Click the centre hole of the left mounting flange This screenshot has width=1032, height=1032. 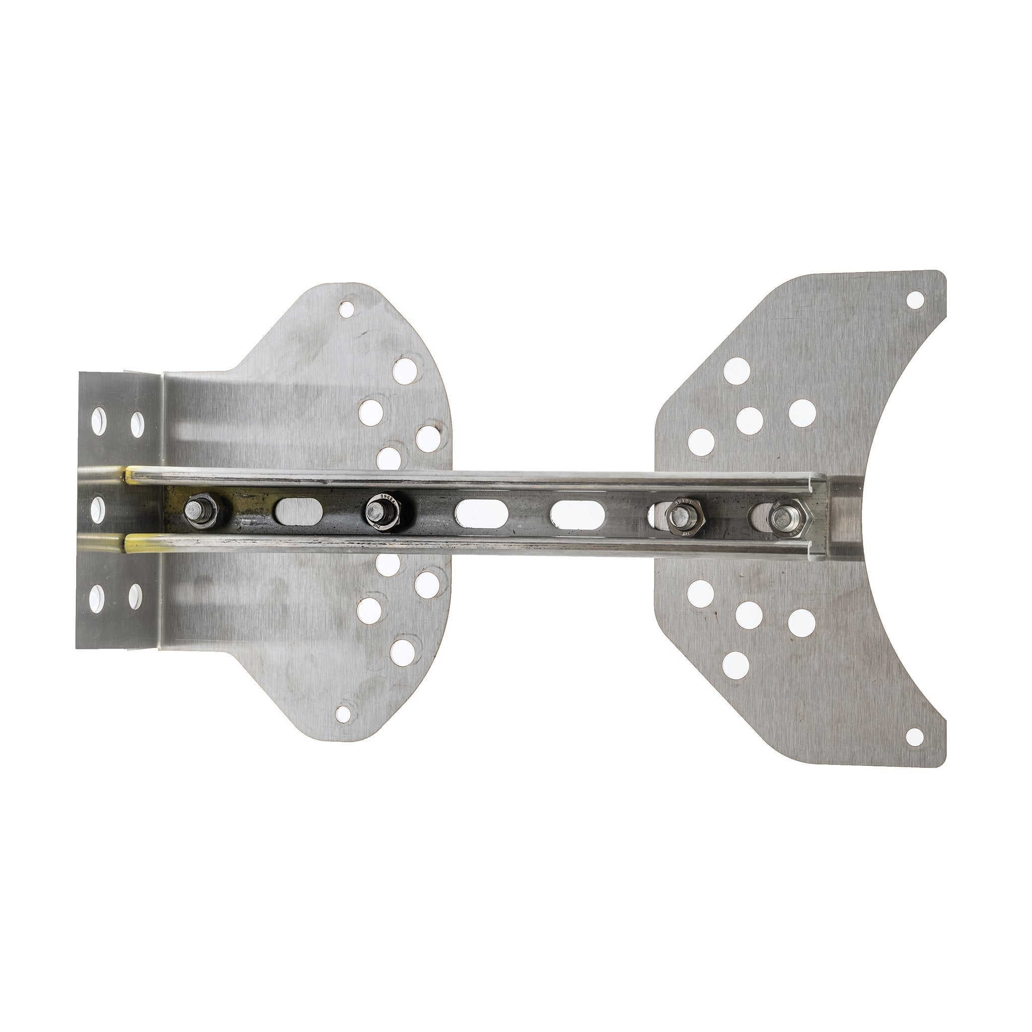pyautogui.click(x=99, y=507)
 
